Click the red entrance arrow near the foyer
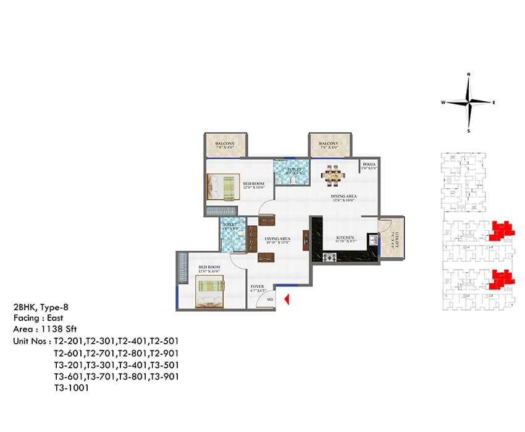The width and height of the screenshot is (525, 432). [x=287, y=299]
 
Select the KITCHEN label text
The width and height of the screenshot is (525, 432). [x=345, y=238]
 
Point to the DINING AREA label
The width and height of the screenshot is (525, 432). [x=344, y=197]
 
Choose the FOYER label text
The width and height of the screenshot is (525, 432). [x=258, y=287]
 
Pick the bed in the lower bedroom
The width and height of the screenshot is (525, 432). [x=211, y=291]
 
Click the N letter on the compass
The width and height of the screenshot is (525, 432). [x=469, y=75]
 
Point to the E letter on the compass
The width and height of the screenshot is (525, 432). [x=493, y=102]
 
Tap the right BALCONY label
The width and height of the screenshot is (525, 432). [x=329, y=144]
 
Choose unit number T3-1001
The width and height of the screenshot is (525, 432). [x=72, y=388]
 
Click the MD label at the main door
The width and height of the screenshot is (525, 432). [x=270, y=300]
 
